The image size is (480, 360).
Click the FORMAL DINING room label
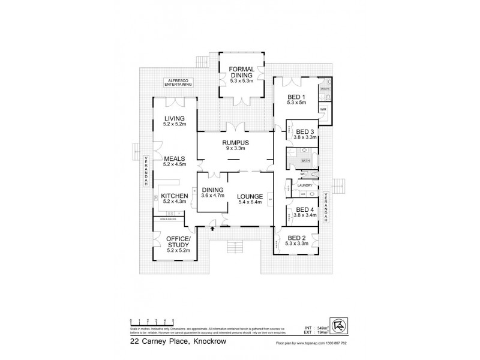(242, 73)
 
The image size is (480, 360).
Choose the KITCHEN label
(175, 196)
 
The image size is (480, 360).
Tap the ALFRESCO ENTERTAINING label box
(179, 83)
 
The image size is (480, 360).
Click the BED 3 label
(305, 131)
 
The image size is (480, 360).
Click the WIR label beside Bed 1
(323, 109)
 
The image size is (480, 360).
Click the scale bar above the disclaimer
(152, 323)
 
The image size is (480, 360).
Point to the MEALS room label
(175, 158)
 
